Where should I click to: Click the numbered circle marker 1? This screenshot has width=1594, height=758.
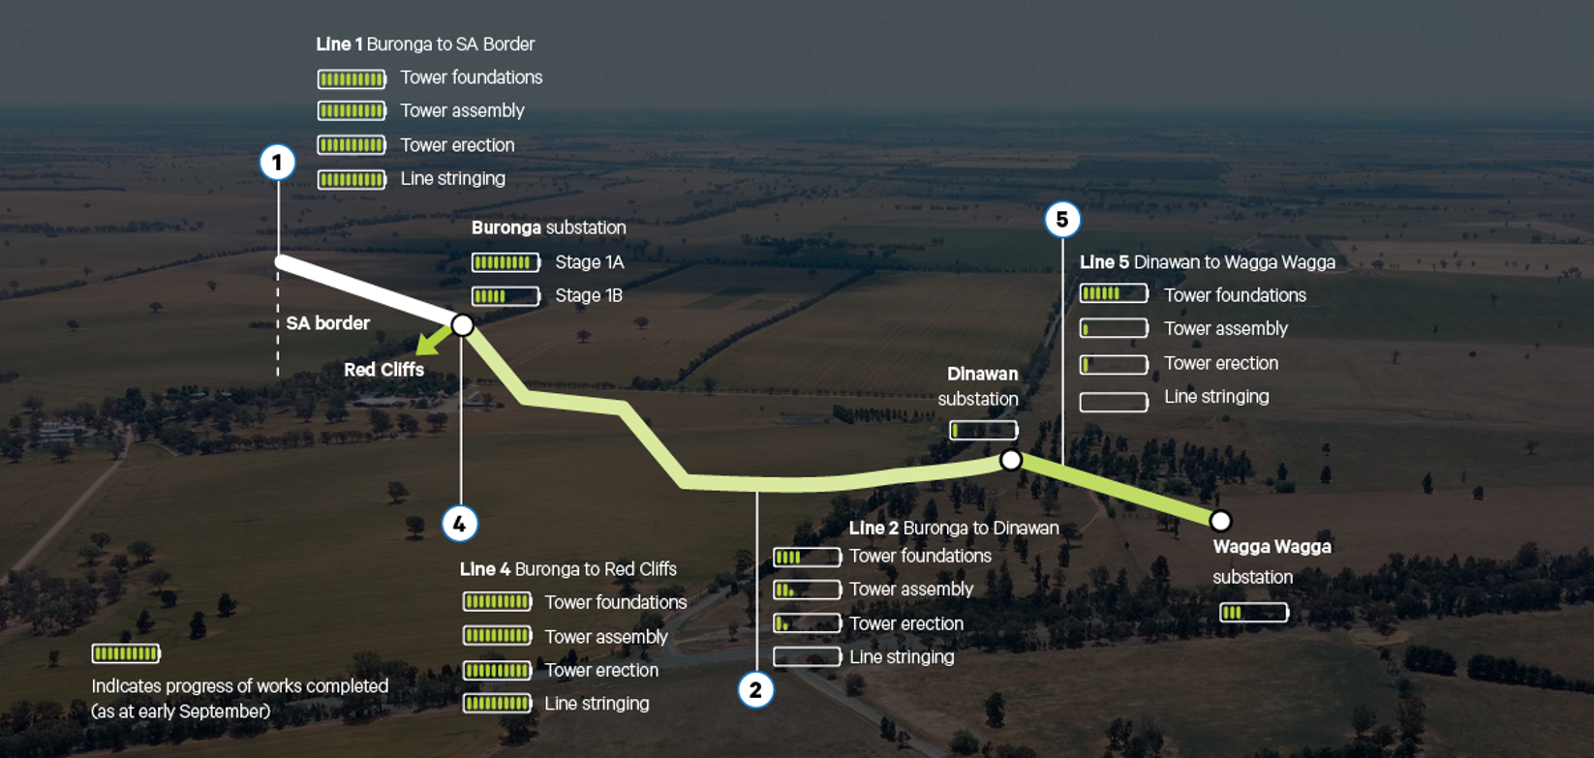pos(277,162)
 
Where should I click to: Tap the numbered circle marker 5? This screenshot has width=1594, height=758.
pos(1062,220)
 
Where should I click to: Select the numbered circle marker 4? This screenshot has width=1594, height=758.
pos(459,524)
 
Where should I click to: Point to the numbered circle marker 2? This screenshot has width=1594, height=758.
pos(755,690)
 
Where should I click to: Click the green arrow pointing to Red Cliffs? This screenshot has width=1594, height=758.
pos(433,340)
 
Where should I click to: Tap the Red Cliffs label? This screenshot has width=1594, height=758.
pos(383,370)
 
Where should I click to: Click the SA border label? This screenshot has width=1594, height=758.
pos(327,323)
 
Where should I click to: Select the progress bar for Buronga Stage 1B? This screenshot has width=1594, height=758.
pos(506,296)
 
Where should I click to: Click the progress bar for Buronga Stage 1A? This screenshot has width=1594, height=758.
pos(506,262)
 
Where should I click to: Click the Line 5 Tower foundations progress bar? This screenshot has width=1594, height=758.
pos(1114,293)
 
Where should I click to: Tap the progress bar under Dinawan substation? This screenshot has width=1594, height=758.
pos(983,430)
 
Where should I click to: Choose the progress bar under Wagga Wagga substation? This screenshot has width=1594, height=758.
pos(1253,612)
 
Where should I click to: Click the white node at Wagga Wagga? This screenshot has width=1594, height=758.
pos(1220,521)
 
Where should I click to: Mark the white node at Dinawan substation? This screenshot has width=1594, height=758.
pos(1010,460)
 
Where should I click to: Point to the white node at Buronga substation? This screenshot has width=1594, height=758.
pos(463,325)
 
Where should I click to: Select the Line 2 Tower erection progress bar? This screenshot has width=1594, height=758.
pos(806,623)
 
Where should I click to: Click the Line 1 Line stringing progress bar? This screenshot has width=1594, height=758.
pos(352,179)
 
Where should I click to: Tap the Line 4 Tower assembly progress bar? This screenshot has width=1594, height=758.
pos(497,636)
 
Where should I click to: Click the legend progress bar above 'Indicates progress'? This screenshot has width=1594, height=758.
pos(126,653)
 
